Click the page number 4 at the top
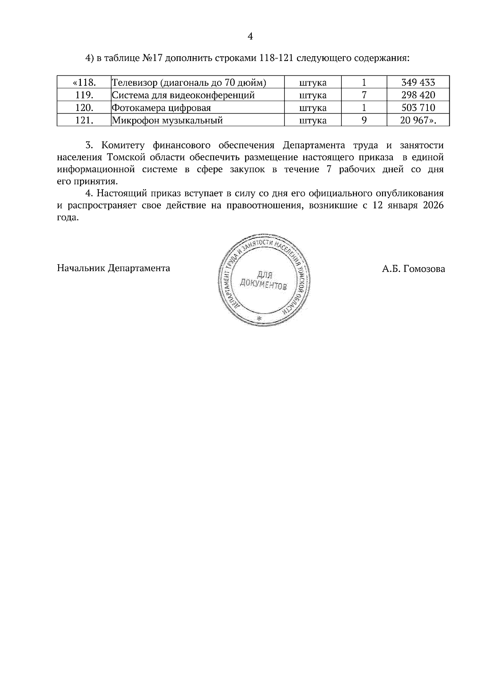point(250,37)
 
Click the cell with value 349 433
point(418,83)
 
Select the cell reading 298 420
point(418,95)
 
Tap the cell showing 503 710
point(418,108)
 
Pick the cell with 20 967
point(417,120)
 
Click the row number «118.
point(84,83)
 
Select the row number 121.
point(84,120)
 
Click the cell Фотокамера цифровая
point(161,108)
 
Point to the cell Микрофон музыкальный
point(167,120)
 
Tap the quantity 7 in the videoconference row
point(364,95)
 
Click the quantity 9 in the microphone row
point(364,120)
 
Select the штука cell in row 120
point(313,108)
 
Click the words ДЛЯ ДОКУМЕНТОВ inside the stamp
point(263,281)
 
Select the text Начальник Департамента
point(114,268)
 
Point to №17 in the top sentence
point(152,58)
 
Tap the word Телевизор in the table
point(134,83)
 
